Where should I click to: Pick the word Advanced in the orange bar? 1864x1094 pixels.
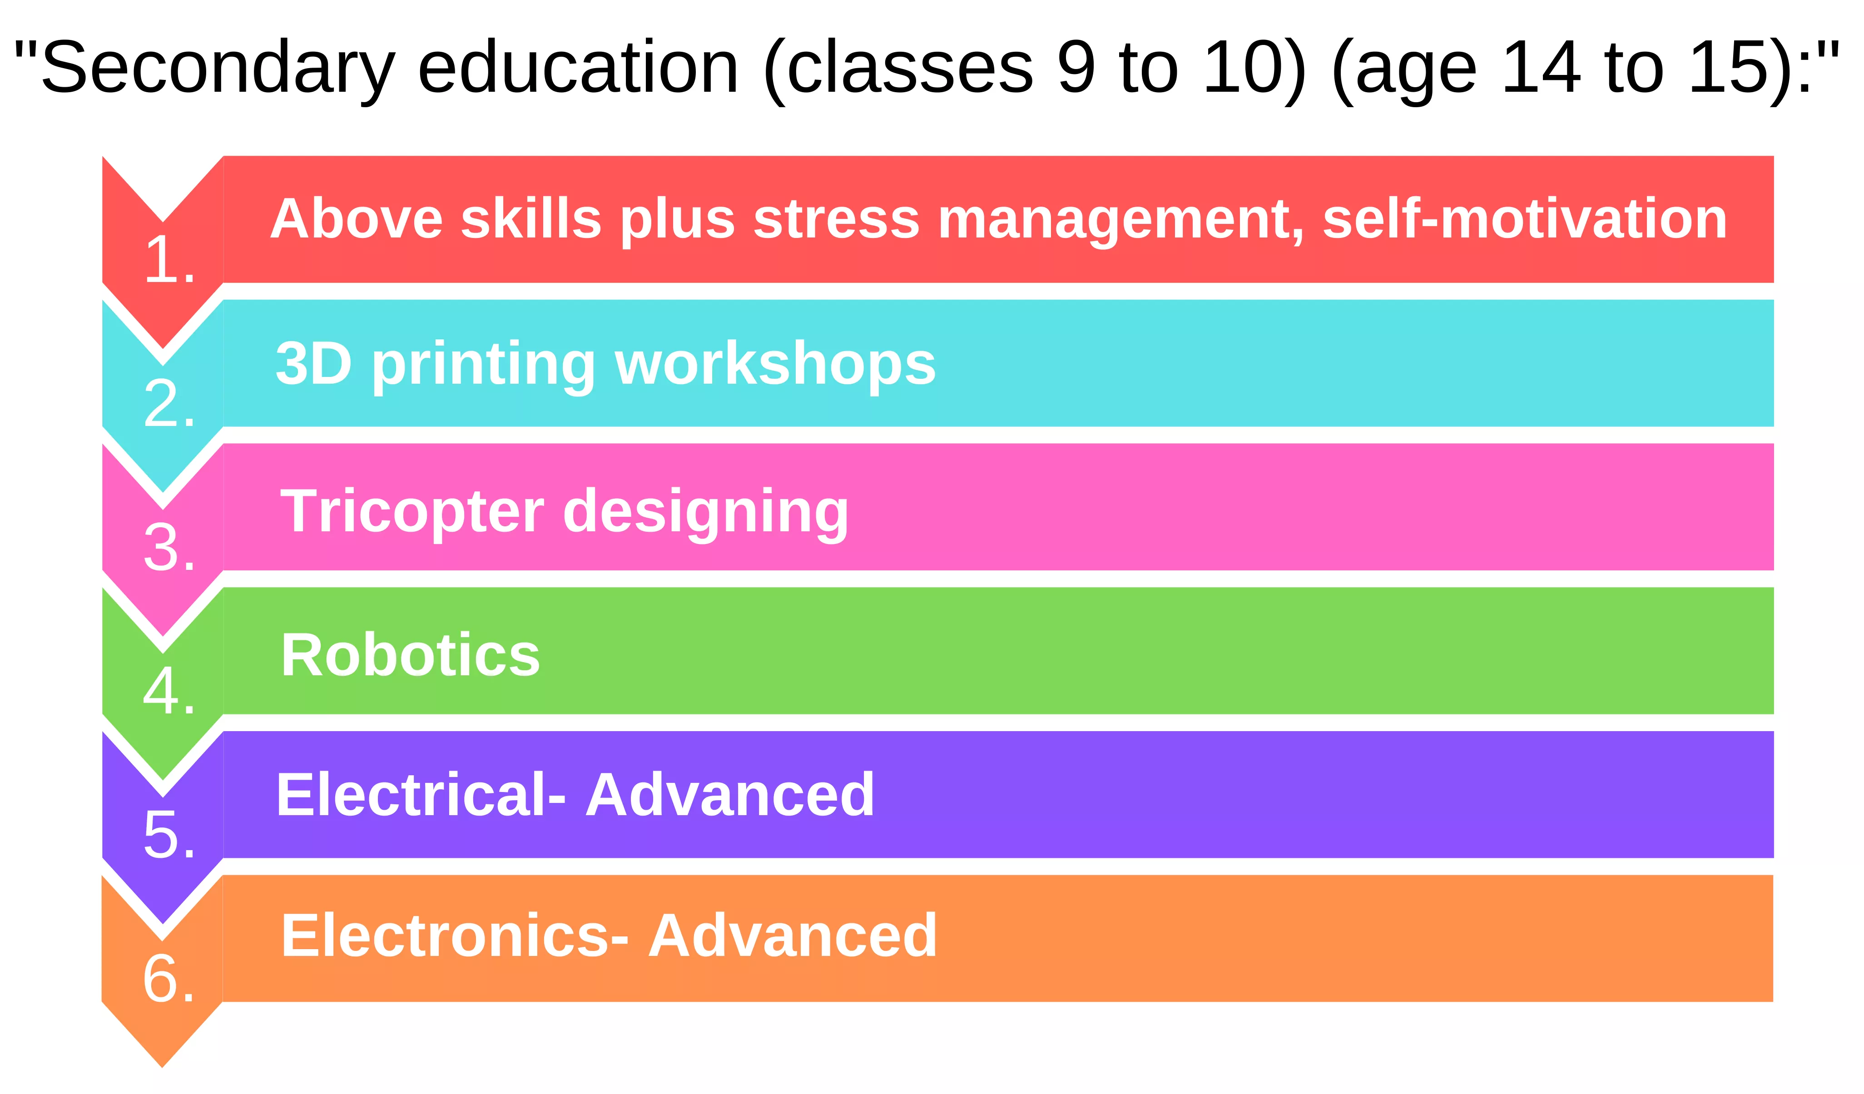(793, 936)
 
